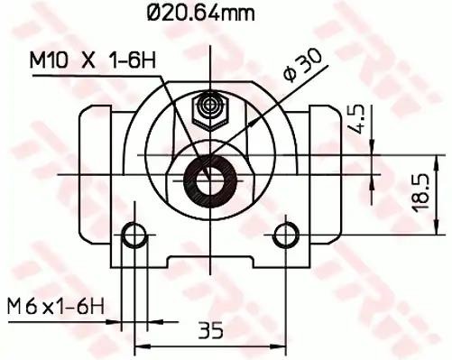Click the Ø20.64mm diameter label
(201, 13)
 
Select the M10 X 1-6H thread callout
(93, 60)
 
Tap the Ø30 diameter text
(303, 66)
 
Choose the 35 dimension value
(211, 330)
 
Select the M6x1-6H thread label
(56, 307)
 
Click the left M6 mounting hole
(134, 235)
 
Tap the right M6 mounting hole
(286, 235)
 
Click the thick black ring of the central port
(187, 181)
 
